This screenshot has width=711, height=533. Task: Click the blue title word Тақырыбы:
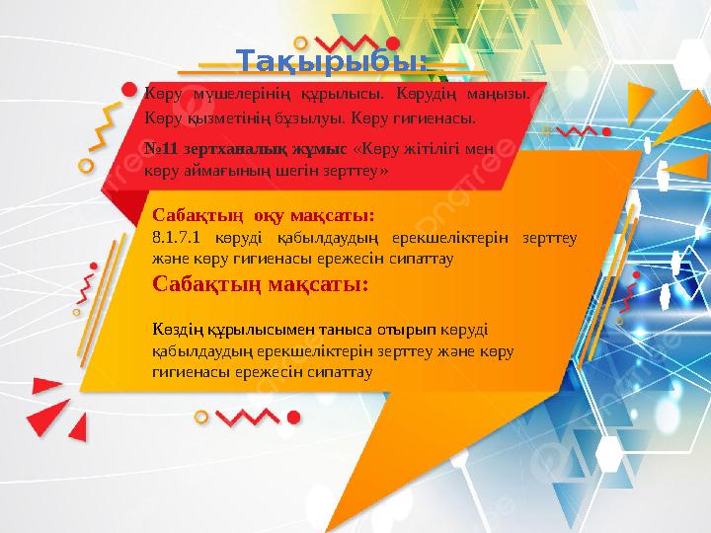[x=334, y=62]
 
